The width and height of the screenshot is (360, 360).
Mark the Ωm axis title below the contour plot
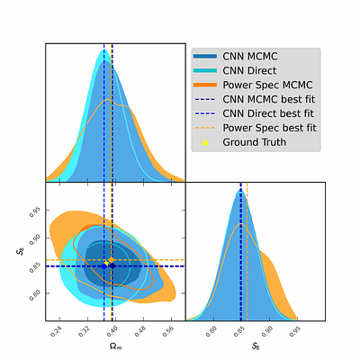coord(115,346)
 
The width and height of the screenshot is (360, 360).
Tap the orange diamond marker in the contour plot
coord(112,260)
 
